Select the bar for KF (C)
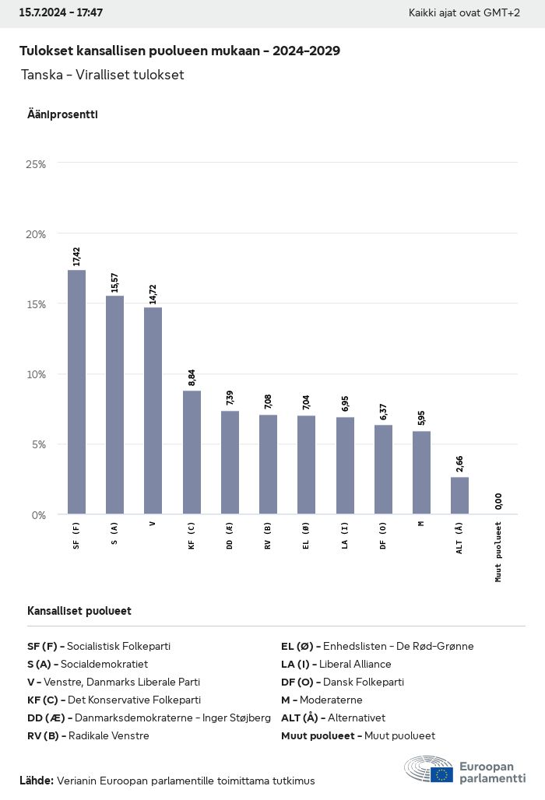point(192,452)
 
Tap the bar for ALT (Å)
point(459,495)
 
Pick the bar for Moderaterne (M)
point(421,472)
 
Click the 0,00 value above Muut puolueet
point(498,501)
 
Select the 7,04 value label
point(306,402)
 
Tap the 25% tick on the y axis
point(36,164)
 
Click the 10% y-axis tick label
point(36,374)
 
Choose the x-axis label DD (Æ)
point(230,536)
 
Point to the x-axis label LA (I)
point(345,535)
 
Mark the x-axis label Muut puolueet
point(498,552)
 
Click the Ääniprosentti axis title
point(62,114)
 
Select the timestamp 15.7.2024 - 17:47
point(61,13)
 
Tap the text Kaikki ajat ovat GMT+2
point(464,13)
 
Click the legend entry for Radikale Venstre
point(88,735)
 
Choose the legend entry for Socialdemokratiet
point(87,664)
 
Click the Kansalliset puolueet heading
point(79,611)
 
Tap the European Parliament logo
point(465,770)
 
